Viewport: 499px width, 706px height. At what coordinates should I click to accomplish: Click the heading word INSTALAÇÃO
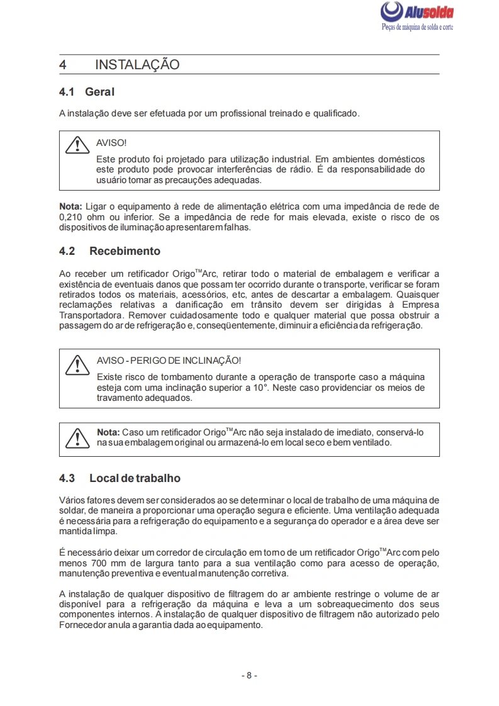coord(137,65)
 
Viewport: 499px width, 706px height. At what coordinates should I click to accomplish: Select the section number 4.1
coord(67,92)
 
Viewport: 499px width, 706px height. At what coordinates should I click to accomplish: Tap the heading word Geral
coord(100,92)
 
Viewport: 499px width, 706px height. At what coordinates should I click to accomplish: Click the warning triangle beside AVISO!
coord(76,145)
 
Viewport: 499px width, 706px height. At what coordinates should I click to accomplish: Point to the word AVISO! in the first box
coord(111,143)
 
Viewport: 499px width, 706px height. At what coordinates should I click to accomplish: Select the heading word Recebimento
coord(125,251)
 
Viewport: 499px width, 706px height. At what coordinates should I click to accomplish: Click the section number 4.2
coord(67,251)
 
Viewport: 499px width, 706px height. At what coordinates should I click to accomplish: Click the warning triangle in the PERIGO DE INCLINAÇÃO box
coord(76,364)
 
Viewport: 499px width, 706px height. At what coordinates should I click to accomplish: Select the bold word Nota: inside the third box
coord(108,433)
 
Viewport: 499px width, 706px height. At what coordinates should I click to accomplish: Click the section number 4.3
coord(67,478)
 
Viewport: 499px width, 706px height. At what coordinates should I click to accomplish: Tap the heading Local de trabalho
coord(135,478)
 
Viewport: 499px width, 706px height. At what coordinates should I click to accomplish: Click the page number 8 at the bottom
coord(249,675)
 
